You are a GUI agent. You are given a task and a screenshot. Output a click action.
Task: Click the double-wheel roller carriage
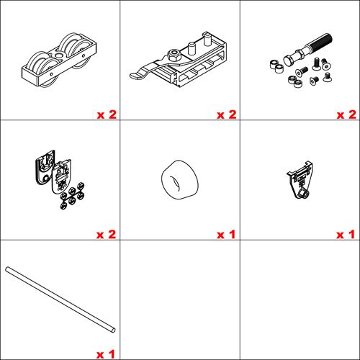(x=59, y=60)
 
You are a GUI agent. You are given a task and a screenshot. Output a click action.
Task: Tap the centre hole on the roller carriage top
(x=58, y=55)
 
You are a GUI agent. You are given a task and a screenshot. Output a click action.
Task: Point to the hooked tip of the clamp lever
(x=135, y=76)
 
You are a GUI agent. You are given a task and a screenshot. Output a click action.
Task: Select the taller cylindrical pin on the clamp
(x=207, y=39)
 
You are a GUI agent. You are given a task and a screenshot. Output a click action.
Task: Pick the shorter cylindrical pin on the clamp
(x=192, y=48)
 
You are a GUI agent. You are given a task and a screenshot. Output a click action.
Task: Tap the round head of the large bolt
(x=289, y=60)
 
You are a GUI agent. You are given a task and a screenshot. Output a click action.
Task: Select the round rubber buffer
(x=180, y=180)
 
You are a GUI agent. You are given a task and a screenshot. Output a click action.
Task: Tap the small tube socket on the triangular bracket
(x=303, y=194)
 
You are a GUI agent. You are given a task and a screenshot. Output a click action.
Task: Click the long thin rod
(x=60, y=300)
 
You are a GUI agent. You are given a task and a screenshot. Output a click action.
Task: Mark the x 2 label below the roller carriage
(x=107, y=114)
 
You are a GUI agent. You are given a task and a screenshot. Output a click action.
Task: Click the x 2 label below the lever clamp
(x=227, y=114)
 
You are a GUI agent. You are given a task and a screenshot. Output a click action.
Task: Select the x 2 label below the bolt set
(x=346, y=114)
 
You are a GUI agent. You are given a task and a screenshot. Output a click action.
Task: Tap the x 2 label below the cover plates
(x=107, y=235)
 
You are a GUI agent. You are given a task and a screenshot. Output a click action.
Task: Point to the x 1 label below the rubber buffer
(x=226, y=235)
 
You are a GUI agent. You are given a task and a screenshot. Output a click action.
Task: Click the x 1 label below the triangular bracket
(x=346, y=235)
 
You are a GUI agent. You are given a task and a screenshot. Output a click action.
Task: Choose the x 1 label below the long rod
(x=106, y=354)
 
